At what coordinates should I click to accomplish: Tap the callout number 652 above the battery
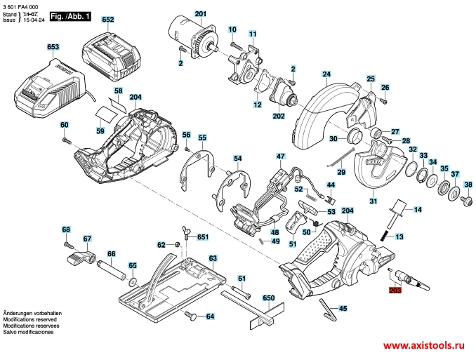107,21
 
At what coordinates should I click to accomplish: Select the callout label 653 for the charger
53,47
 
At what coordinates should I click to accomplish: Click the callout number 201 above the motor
201,15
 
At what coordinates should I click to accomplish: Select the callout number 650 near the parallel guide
267,298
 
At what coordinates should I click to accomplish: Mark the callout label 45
343,308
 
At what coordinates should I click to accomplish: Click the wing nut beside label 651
187,230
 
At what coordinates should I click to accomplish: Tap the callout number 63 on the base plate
213,258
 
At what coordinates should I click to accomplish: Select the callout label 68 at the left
66,230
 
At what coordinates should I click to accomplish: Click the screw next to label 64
190,316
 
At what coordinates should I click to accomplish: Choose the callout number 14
418,211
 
